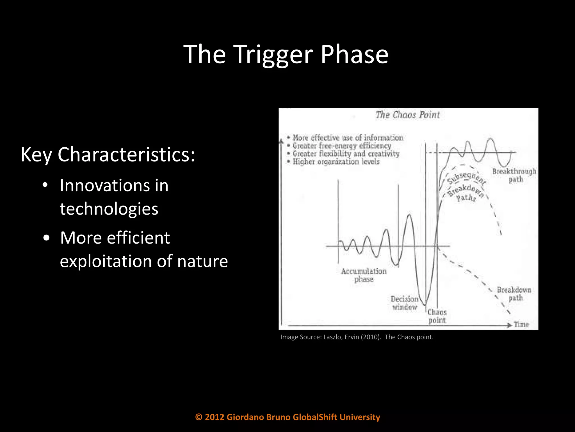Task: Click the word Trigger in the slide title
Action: pyautogui.click(x=273, y=55)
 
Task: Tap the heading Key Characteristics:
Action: pyautogui.click(x=108, y=155)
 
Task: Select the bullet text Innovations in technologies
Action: pyautogui.click(x=114, y=197)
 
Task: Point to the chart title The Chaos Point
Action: pyautogui.click(x=407, y=115)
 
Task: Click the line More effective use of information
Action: pyautogui.click(x=348, y=138)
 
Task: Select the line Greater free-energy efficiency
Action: pyautogui.click(x=342, y=146)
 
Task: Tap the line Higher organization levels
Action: pyautogui.click(x=336, y=162)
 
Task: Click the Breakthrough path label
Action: pyautogui.click(x=514, y=175)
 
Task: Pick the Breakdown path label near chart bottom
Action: pyautogui.click(x=514, y=294)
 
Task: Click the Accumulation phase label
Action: pyautogui.click(x=364, y=275)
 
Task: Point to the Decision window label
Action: pyautogui.click(x=405, y=303)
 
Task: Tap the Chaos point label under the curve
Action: pyautogui.click(x=437, y=316)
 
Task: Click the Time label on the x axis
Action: pyautogui.click(x=521, y=325)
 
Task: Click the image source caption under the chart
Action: pyautogui.click(x=357, y=337)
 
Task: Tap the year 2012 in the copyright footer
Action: pyautogui.click(x=215, y=417)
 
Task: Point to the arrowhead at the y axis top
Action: pyautogui.click(x=281, y=141)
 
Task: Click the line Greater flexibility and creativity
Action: pyautogui.click(x=346, y=154)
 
